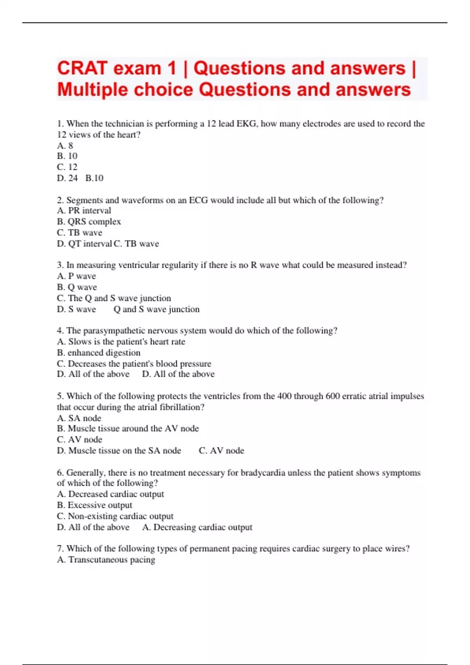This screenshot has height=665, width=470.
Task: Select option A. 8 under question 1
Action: [65, 146]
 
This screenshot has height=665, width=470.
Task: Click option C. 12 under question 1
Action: [67, 167]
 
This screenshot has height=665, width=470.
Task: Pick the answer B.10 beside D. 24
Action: [94, 178]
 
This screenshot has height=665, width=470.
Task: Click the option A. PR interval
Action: [84, 210]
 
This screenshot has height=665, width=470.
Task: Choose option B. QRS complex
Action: [89, 221]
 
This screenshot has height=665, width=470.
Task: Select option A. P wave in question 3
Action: [76, 276]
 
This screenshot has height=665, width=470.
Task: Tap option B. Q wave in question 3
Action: [77, 287]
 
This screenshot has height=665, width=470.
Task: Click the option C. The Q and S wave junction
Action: [114, 298]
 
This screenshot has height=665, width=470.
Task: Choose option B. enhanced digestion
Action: [99, 353]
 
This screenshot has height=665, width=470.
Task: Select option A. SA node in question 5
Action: [79, 418]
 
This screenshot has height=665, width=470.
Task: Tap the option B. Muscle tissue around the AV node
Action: [128, 429]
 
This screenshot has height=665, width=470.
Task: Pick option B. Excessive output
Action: [94, 505]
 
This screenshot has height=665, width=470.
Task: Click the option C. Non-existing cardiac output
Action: [115, 516]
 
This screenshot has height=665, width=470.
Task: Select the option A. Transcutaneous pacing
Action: [106, 560]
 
